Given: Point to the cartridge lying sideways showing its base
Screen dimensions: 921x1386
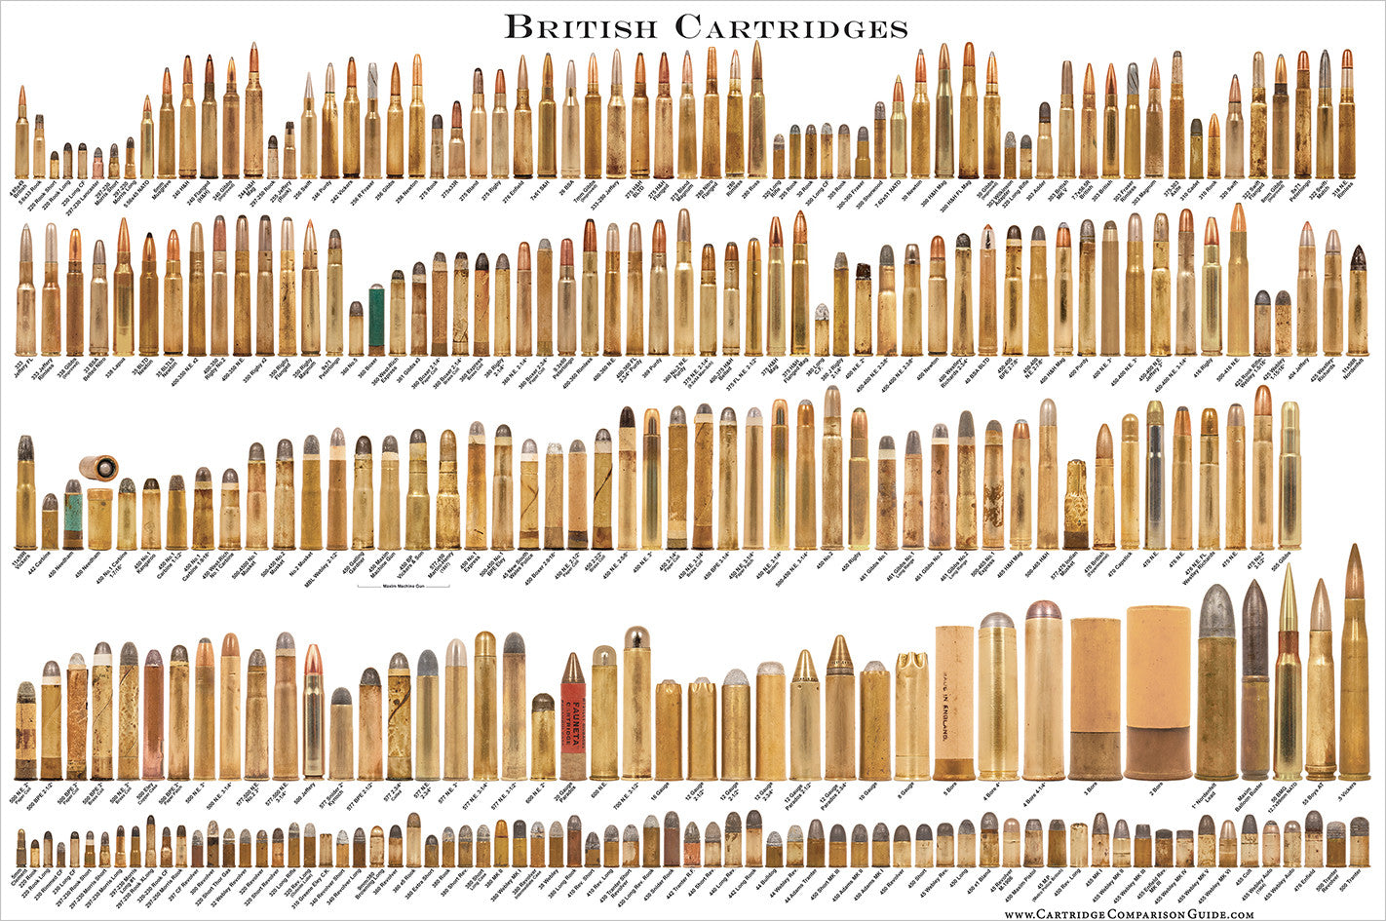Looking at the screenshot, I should tap(97, 467).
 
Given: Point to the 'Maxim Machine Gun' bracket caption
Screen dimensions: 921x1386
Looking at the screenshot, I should tap(401, 586).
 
